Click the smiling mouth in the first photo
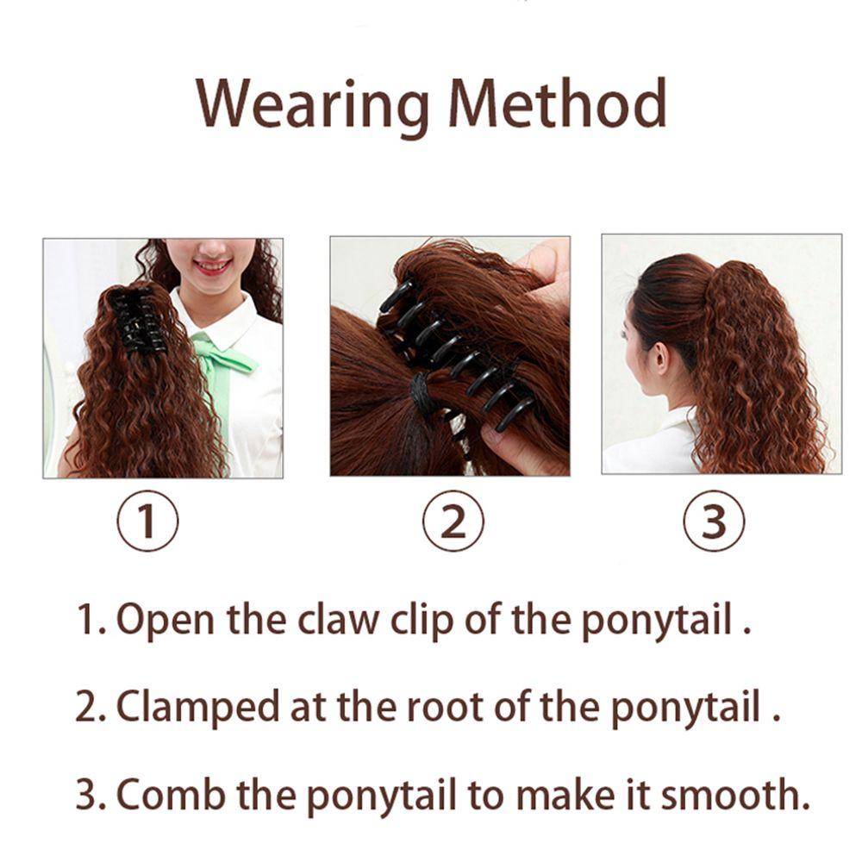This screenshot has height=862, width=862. coord(210,265)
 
